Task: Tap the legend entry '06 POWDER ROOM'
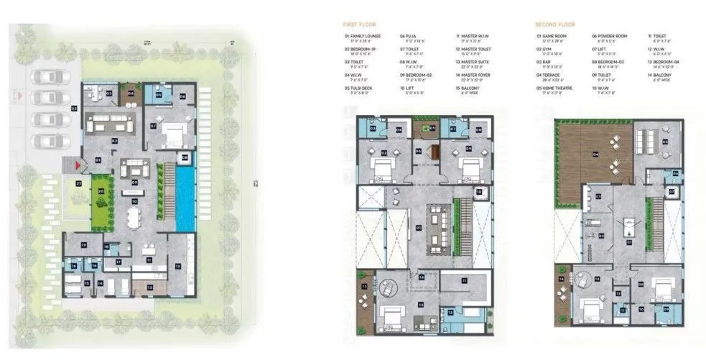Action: (x=610, y=35)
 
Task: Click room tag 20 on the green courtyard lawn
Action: (x=101, y=191)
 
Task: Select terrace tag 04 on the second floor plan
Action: (x=595, y=153)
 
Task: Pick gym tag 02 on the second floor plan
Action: (x=601, y=234)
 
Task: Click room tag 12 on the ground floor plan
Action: (x=177, y=266)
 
